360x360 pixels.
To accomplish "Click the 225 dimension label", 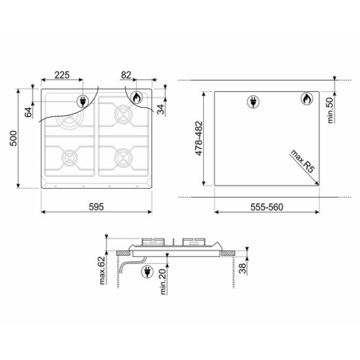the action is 62,75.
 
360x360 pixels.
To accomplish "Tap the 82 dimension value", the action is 126,75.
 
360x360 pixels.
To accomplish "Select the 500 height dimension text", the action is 14,138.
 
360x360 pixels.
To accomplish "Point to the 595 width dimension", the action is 96,206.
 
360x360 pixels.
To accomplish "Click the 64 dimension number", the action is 28,112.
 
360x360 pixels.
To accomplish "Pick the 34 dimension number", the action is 161,110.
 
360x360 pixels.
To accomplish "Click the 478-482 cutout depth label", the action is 199,138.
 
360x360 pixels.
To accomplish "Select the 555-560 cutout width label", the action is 266,207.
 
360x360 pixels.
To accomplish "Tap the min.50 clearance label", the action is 330,110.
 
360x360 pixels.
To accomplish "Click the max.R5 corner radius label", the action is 303,161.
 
